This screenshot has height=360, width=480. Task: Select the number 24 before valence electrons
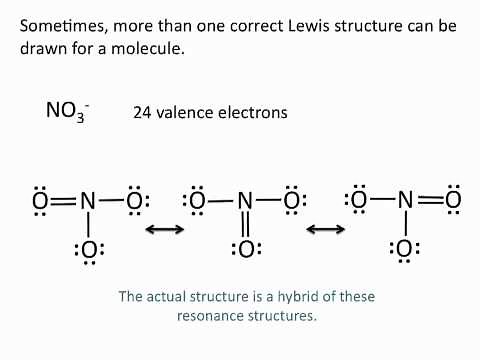[x=142, y=113]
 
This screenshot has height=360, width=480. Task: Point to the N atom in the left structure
[x=88, y=201]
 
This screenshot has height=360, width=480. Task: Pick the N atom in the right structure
[x=405, y=200]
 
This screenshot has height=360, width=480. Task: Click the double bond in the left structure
[x=64, y=201]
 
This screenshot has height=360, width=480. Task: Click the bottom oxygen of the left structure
[x=89, y=249]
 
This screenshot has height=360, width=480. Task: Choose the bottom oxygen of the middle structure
[x=245, y=249]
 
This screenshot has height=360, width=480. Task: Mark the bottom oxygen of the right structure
[x=405, y=248]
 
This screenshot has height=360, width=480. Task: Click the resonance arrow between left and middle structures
[x=165, y=230]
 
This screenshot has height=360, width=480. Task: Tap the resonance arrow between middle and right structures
[x=325, y=230]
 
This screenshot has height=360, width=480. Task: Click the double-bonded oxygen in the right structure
[x=453, y=200]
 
